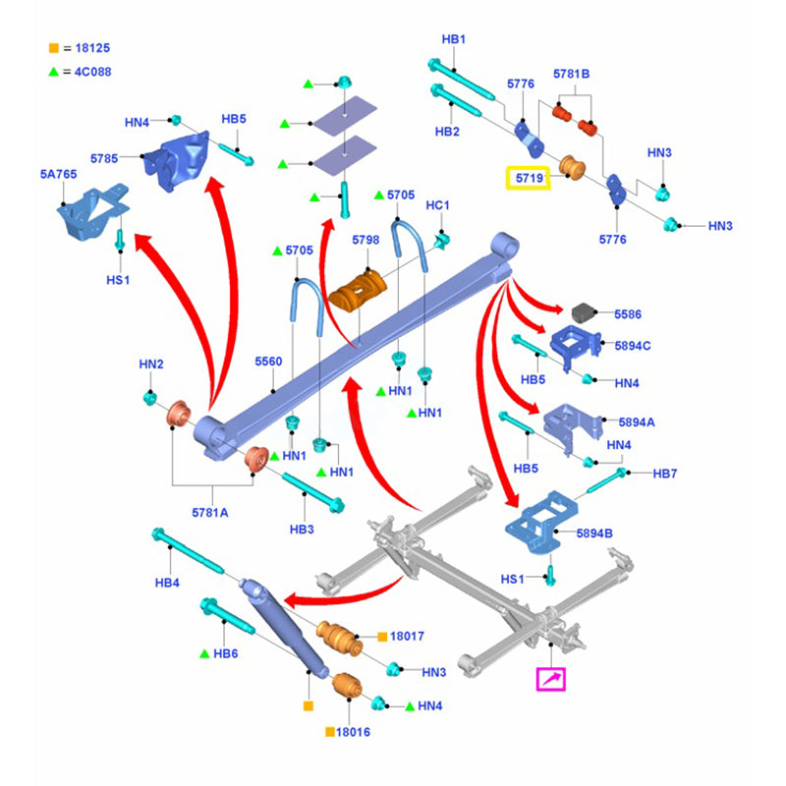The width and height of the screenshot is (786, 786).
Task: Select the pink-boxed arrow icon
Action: (x=551, y=678)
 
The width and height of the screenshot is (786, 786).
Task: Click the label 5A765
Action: (x=58, y=174)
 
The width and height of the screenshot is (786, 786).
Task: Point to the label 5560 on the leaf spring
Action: (x=268, y=362)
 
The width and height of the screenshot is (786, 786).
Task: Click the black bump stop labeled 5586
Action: (x=586, y=313)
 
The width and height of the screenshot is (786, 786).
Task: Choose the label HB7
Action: (x=667, y=474)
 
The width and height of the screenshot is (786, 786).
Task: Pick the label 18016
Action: (x=354, y=732)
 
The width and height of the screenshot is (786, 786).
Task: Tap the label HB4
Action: (x=168, y=583)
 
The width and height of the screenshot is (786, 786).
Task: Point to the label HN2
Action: (x=150, y=365)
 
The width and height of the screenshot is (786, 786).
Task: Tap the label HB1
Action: (x=453, y=39)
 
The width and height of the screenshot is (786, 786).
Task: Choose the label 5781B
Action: (x=571, y=74)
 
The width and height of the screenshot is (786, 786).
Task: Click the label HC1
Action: (x=437, y=205)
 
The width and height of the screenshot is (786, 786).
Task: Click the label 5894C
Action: (x=633, y=345)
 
